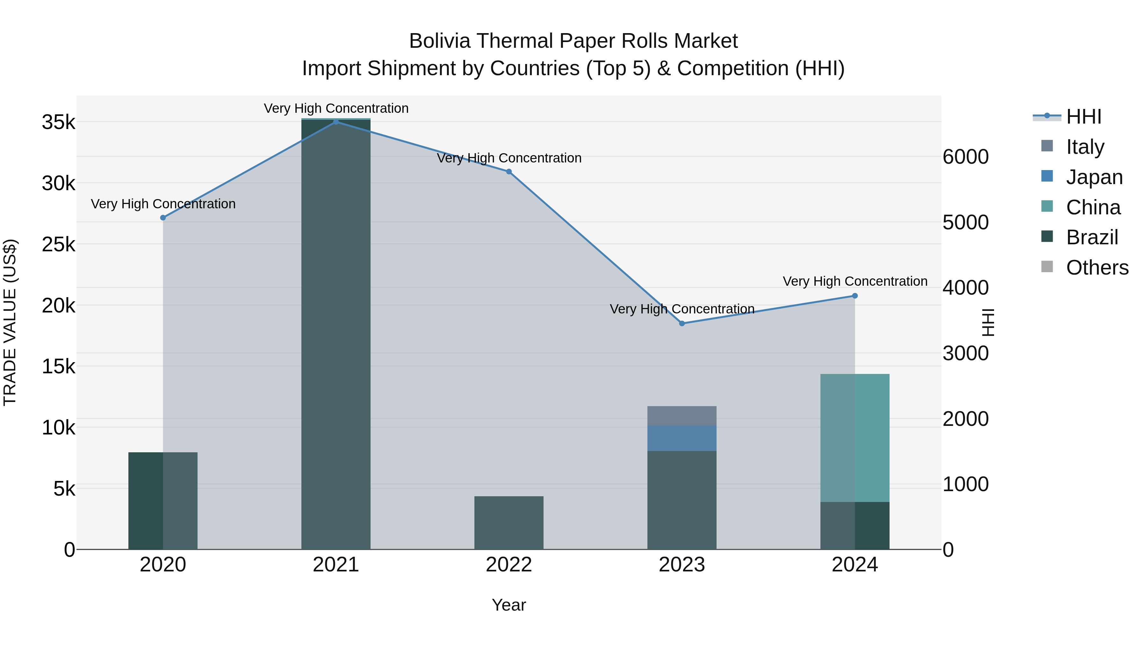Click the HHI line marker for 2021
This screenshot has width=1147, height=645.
click(x=336, y=122)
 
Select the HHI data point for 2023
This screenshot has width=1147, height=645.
click(x=682, y=324)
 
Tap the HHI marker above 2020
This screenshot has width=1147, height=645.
click(x=163, y=218)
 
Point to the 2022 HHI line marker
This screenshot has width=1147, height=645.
click(x=509, y=171)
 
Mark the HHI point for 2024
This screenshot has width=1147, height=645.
click(x=855, y=296)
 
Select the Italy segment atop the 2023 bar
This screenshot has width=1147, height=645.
click(x=682, y=415)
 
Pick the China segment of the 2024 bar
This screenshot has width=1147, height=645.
click(x=855, y=438)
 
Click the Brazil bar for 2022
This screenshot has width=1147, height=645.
click(x=509, y=523)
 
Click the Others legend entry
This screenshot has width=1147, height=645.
click(x=1097, y=268)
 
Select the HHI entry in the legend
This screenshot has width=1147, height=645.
click(x=1083, y=117)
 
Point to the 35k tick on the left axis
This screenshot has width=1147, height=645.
click(x=59, y=122)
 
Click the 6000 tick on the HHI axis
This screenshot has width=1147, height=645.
click(x=965, y=157)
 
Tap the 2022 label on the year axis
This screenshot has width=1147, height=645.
click(x=509, y=565)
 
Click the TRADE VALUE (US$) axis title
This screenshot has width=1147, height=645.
click(x=10, y=322)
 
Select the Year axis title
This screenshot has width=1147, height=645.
click(x=509, y=605)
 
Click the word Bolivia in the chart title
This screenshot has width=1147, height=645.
click(x=439, y=41)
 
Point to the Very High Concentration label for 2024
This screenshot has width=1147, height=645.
click(x=855, y=281)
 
